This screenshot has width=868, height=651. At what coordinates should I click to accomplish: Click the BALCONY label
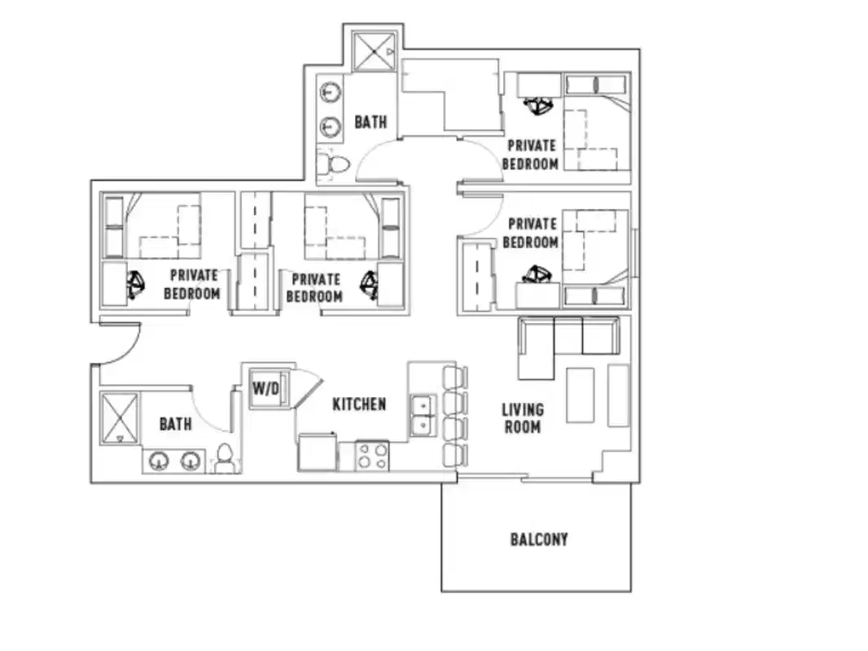click(x=538, y=540)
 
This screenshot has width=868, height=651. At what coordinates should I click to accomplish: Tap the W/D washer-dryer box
click(x=265, y=389)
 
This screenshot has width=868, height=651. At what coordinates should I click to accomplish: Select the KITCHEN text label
click(x=358, y=404)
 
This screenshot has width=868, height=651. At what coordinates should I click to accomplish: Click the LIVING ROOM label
click(x=522, y=418)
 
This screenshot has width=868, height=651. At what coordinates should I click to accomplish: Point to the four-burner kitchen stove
click(x=373, y=456)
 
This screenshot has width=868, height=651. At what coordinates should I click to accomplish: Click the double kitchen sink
click(x=422, y=415)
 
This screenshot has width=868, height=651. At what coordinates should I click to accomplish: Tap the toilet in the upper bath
click(x=334, y=165)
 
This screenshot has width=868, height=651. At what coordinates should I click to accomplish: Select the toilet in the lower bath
click(x=225, y=460)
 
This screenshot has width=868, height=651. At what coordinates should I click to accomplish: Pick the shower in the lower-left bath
click(x=120, y=419)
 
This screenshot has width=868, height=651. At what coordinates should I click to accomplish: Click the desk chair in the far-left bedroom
click(x=136, y=284)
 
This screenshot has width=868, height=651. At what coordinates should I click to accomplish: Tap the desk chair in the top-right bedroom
click(x=537, y=104)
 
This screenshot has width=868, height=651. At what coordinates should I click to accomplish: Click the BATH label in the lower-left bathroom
click(x=175, y=424)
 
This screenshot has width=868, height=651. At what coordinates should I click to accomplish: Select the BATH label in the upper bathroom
click(x=370, y=122)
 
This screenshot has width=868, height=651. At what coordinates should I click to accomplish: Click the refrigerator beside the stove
click(x=318, y=453)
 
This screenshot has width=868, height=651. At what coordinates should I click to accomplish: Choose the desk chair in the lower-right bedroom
click(x=535, y=275)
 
